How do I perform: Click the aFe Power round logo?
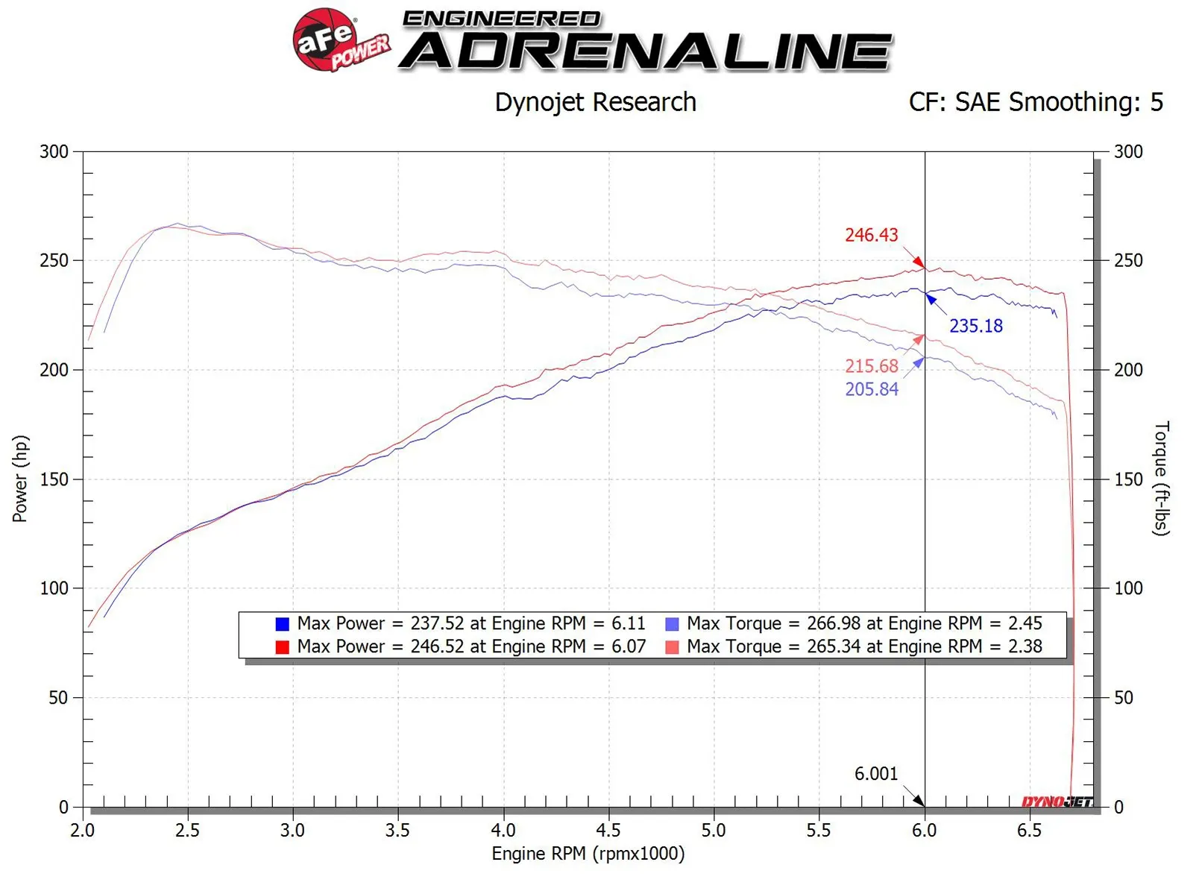click(327, 40)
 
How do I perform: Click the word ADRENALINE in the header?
click(646, 53)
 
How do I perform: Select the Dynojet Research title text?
click(595, 102)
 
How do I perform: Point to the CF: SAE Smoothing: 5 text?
click(1035, 102)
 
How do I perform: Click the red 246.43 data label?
click(871, 236)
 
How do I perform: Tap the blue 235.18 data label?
click(975, 326)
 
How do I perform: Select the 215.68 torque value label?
click(871, 366)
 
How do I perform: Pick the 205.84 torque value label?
click(871, 389)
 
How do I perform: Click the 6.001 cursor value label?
click(875, 774)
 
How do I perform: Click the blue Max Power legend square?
click(282, 624)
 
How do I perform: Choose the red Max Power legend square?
click(282, 647)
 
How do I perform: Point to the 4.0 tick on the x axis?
click(503, 830)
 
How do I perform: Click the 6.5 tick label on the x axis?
click(1029, 830)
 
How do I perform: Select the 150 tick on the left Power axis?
click(54, 479)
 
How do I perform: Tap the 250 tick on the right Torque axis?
click(1128, 261)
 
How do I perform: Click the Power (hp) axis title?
click(20, 479)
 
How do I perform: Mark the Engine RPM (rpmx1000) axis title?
click(588, 854)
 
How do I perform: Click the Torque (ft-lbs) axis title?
click(1161, 479)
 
